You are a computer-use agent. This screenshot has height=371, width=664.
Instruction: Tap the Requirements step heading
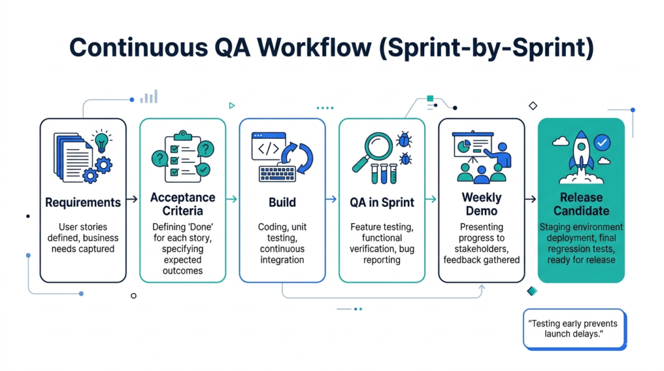[83, 202]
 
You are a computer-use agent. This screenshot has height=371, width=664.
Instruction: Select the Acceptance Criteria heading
[183, 204]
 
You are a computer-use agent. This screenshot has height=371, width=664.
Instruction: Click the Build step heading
[282, 202]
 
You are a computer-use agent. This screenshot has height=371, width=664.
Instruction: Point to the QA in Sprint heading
[382, 202]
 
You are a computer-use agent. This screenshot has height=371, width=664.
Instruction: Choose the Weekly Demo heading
[481, 204]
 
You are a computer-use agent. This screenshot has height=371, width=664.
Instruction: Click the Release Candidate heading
[581, 204]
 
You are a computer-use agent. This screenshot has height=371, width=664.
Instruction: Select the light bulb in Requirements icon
[101, 141]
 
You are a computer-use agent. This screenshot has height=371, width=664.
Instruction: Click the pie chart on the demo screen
[464, 147]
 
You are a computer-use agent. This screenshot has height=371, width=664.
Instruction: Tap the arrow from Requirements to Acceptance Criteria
[132, 200]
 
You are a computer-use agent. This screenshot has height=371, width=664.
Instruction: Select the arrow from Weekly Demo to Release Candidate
[530, 200]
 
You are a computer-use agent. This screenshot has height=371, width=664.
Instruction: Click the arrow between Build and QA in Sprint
[331, 200]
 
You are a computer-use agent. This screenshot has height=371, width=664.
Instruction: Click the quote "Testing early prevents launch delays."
[573, 328]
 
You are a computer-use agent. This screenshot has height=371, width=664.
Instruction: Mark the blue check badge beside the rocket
[602, 141]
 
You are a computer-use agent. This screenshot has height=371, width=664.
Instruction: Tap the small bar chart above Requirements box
[149, 97]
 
